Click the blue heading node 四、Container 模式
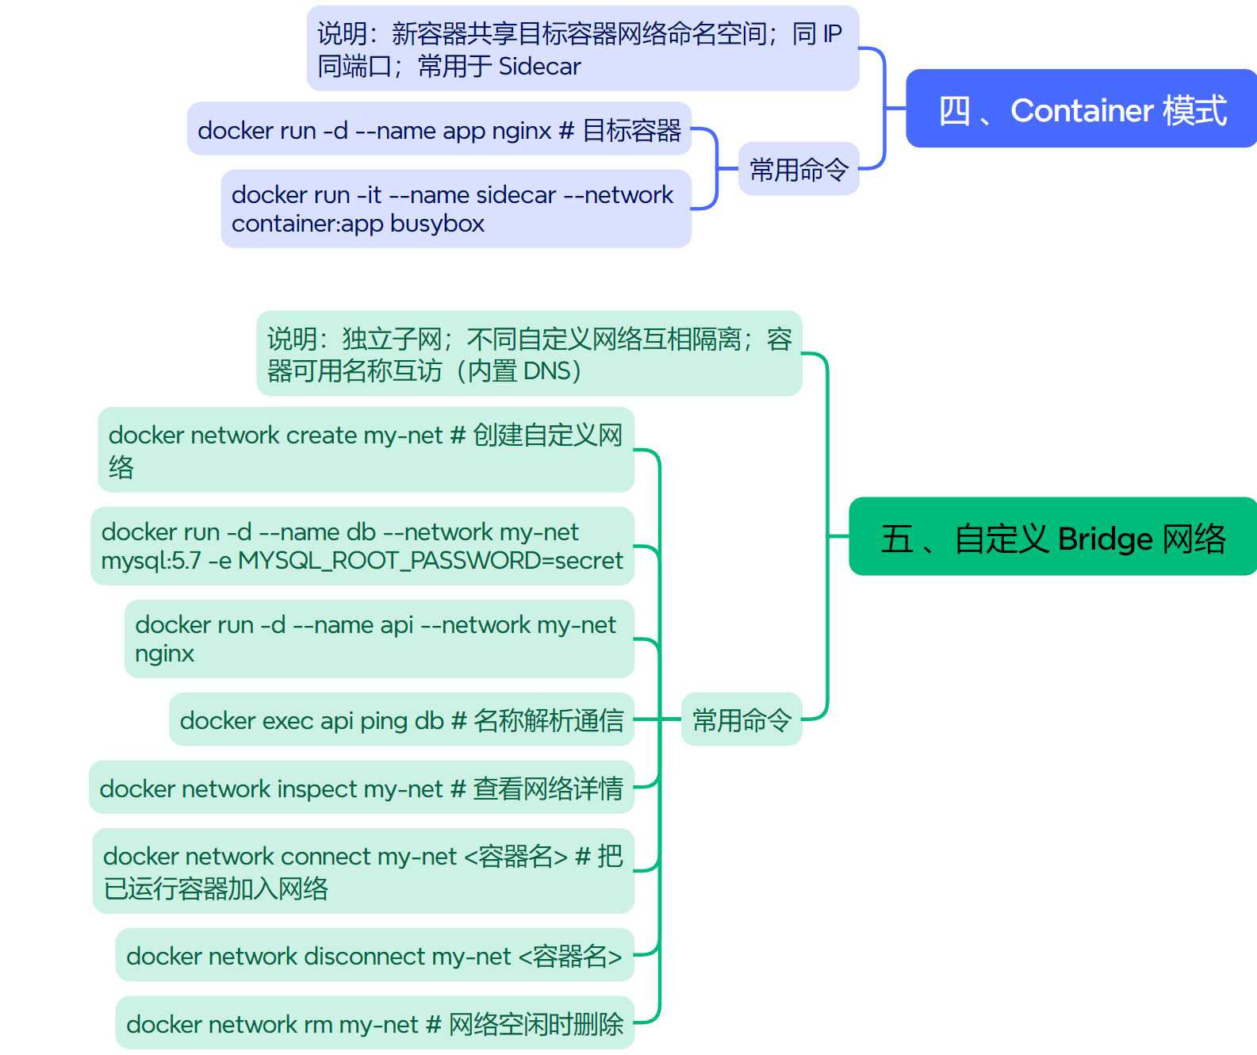[x=1082, y=109]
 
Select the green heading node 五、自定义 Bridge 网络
[x=1052, y=537]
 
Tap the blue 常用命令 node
[x=799, y=169]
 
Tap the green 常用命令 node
[x=742, y=719]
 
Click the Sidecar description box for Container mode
[x=583, y=48]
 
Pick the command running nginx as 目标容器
[x=439, y=129]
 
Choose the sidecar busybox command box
[x=456, y=209]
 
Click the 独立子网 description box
[x=529, y=354]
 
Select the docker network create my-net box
[x=366, y=450]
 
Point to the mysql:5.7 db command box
[x=362, y=546]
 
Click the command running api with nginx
[x=379, y=639]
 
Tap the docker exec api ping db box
[x=401, y=719]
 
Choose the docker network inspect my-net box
[x=362, y=788]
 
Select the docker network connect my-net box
[x=363, y=871]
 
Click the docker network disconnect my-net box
[x=374, y=955]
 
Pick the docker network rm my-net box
[x=374, y=1023]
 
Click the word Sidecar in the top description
[x=539, y=66]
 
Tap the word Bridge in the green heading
[x=1105, y=539]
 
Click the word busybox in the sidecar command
[x=437, y=224]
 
